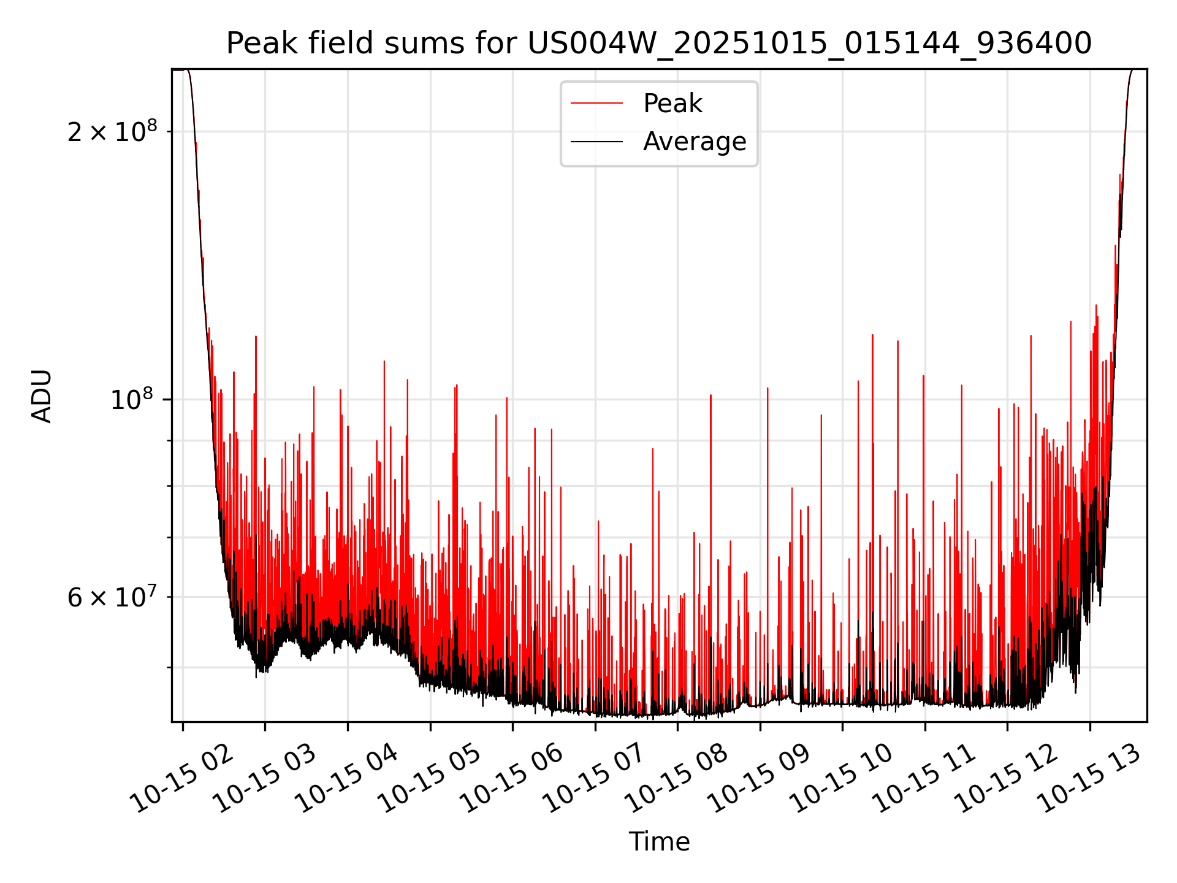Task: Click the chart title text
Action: click(x=659, y=44)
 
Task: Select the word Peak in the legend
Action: click(x=672, y=104)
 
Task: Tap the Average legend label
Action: click(x=695, y=142)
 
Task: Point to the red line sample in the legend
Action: click(x=596, y=104)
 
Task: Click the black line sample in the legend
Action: click(x=596, y=142)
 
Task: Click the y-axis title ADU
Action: click(x=42, y=396)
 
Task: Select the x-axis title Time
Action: click(x=659, y=842)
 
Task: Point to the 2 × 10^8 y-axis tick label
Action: click(x=112, y=131)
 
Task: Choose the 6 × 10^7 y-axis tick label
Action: click(x=112, y=597)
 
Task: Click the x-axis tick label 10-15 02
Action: click(x=183, y=779)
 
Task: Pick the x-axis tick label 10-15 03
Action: click(x=265, y=779)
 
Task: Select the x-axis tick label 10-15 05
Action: click(x=430, y=779)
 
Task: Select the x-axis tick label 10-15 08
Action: click(x=677, y=779)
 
